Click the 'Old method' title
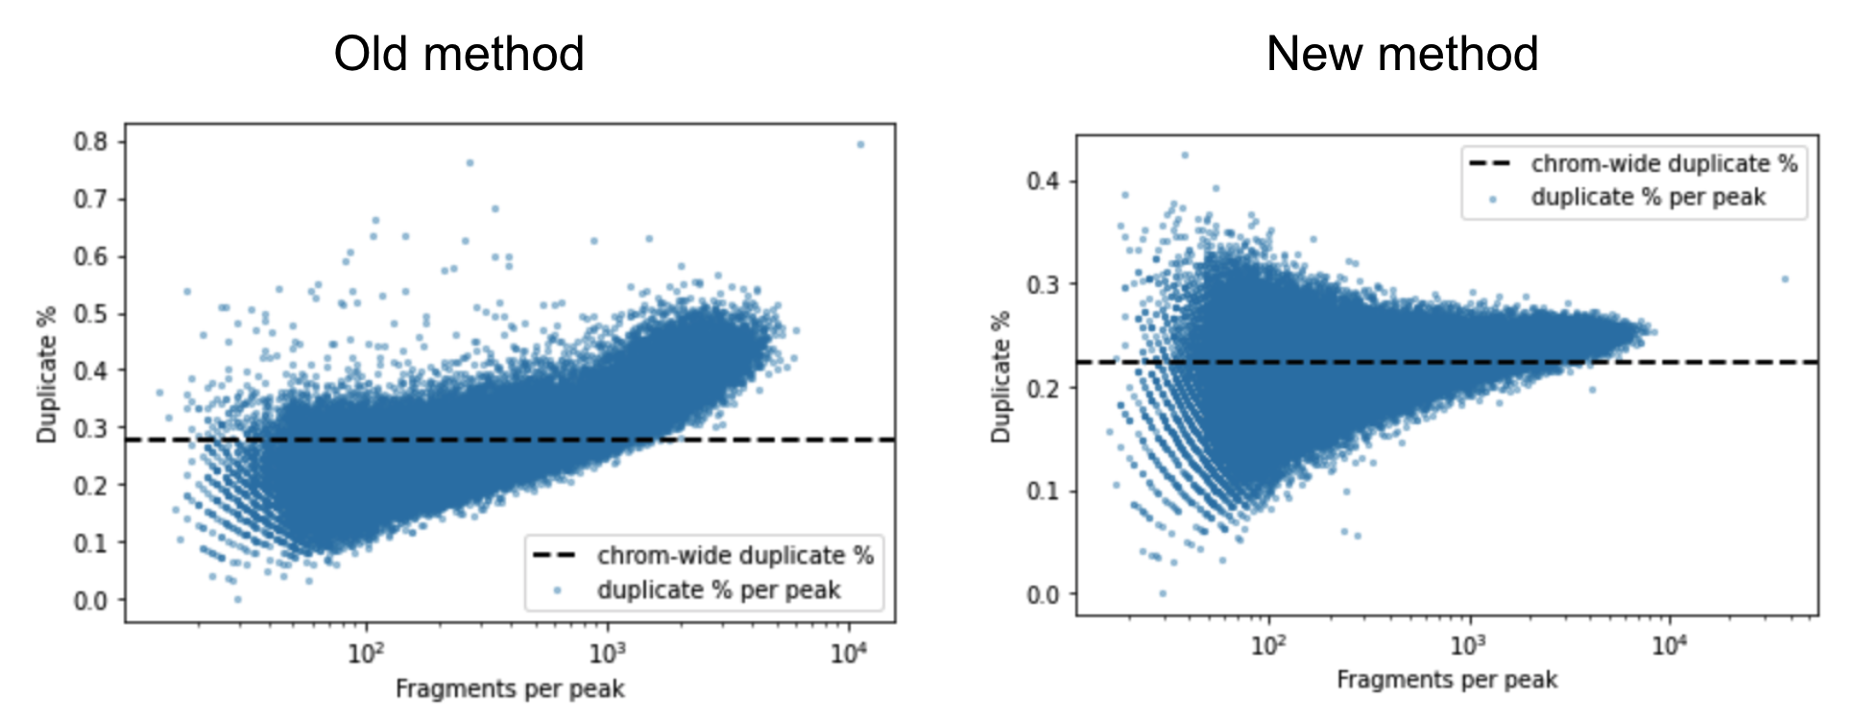coord(459,54)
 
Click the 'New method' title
coord(1402,54)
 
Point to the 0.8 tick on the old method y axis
coord(91,142)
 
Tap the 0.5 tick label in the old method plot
coord(91,314)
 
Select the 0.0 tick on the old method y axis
coord(91,600)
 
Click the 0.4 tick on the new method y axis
coord(1044,181)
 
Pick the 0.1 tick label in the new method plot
coord(1044,492)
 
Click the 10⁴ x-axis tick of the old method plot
coord(849,654)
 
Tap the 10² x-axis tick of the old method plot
coord(366,654)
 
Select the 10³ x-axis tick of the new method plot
coord(1469,645)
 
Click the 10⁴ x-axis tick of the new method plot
coord(1670,645)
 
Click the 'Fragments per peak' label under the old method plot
coord(510,689)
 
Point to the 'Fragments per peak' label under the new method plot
coord(1447,680)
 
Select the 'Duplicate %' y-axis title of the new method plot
coord(1001,376)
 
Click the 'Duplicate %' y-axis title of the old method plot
coord(47,374)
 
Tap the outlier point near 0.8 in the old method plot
coord(860,145)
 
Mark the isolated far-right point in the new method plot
coord(1785,279)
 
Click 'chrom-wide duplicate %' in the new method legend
coord(1664,164)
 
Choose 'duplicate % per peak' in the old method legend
coord(718,589)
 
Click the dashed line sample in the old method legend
coord(555,555)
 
